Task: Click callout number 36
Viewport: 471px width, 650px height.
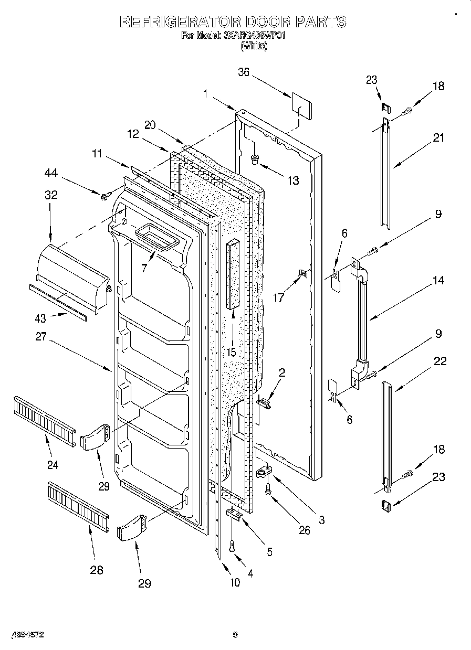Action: coord(243,73)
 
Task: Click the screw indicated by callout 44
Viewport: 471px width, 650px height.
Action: coord(106,196)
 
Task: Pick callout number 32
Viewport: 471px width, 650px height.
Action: coord(51,195)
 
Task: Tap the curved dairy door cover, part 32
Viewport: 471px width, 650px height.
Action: coord(74,273)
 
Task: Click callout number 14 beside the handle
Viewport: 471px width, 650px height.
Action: coord(438,281)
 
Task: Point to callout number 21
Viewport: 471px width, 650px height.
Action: coord(438,138)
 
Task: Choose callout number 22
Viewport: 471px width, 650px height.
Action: coord(440,361)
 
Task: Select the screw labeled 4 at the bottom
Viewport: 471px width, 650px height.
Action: coord(232,548)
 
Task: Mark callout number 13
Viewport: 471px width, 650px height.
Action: coord(292,180)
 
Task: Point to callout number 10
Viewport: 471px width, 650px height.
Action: coord(234,582)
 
